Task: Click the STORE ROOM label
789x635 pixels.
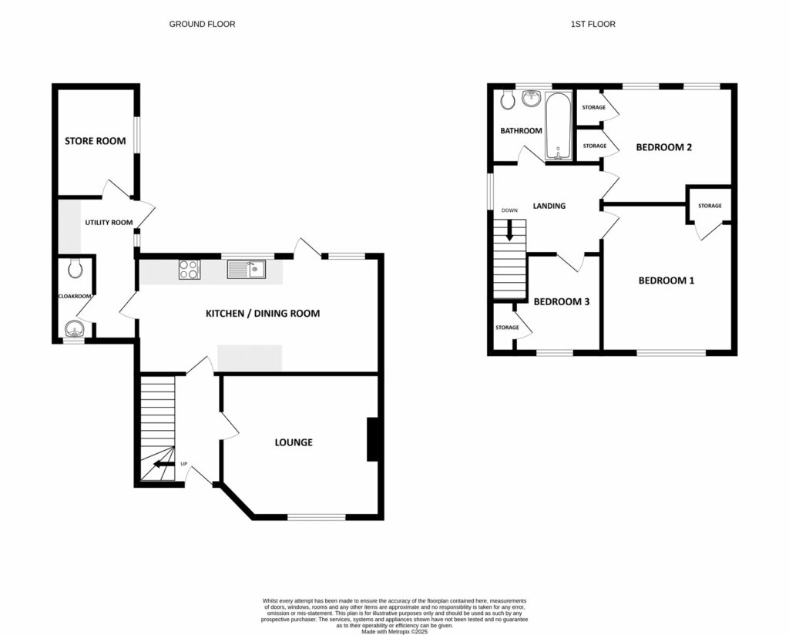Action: (x=95, y=141)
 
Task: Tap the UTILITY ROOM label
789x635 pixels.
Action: (x=109, y=222)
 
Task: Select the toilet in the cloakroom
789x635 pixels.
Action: (x=75, y=269)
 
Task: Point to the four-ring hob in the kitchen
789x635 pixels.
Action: (x=189, y=270)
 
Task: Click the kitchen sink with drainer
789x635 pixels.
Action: (x=246, y=269)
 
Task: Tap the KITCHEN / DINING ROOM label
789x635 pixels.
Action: (x=262, y=314)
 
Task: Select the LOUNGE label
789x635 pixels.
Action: (x=294, y=442)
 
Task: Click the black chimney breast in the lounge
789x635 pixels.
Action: (x=372, y=439)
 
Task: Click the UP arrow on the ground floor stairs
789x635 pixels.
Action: (x=163, y=464)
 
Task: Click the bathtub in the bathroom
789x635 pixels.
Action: (x=558, y=126)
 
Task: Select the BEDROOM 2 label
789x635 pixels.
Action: (x=663, y=146)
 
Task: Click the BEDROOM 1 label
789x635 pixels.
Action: (x=666, y=281)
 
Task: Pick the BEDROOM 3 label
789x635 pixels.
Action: (x=562, y=301)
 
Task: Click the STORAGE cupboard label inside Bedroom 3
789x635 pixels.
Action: (x=507, y=328)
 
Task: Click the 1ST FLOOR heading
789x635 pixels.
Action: (x=593, y=25)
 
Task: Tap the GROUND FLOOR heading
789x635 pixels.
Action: (x=202, y=25)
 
